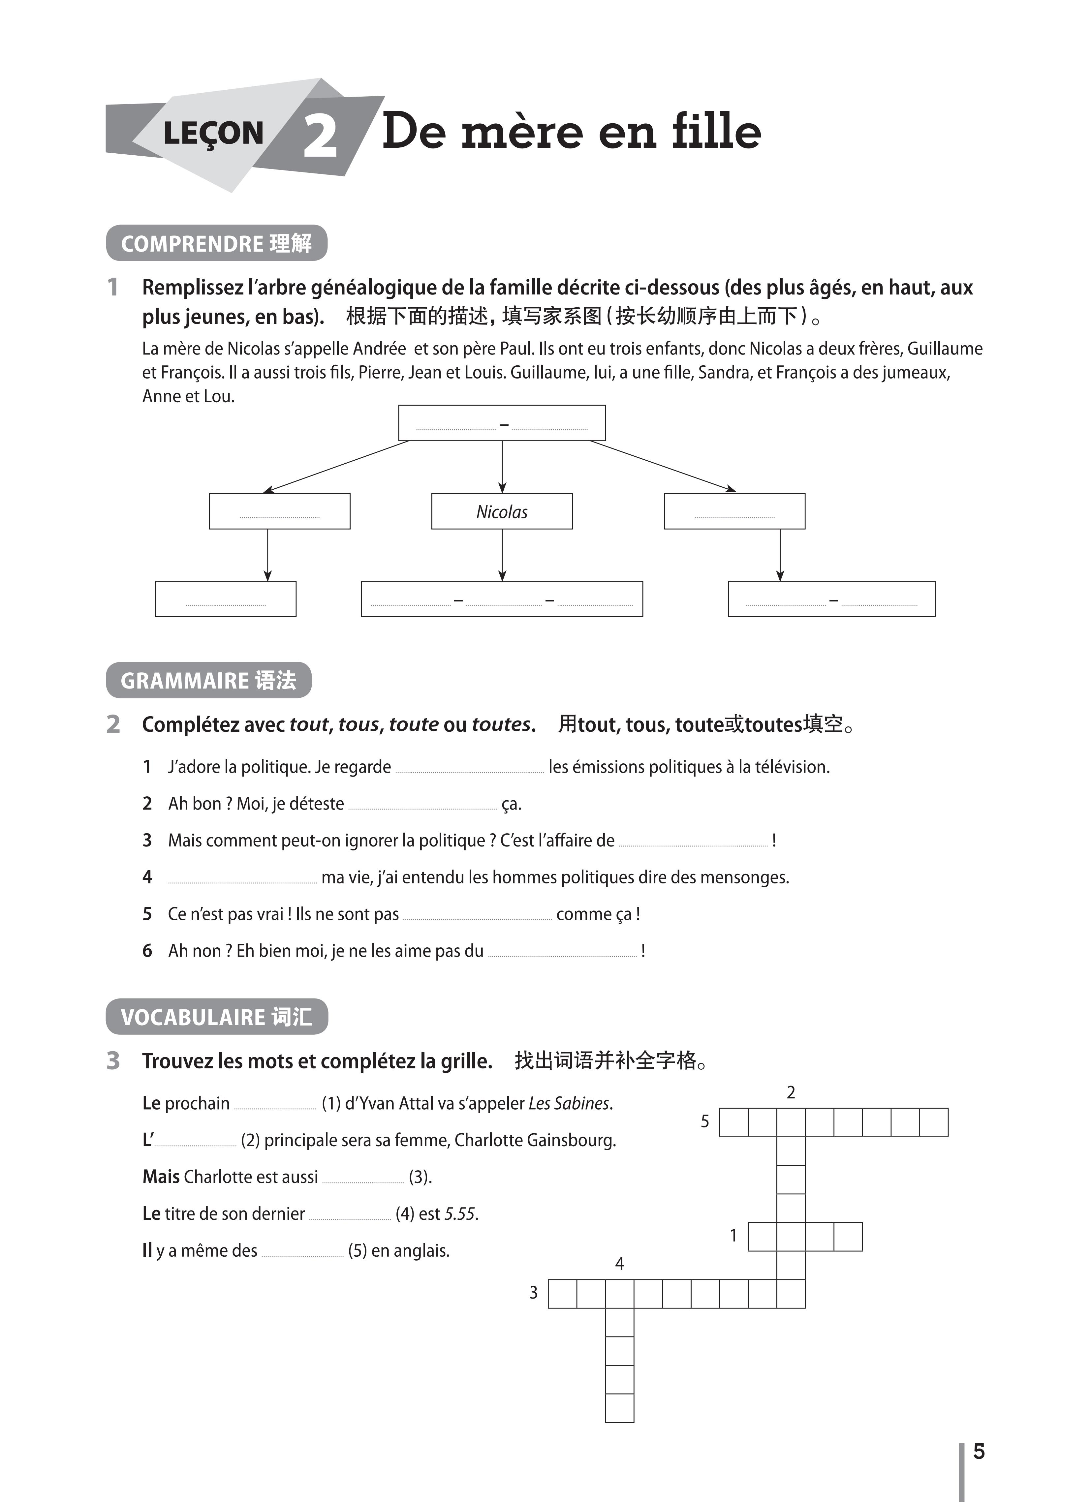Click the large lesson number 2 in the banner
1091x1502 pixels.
coord(321,137)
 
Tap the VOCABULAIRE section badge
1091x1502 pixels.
coord(217,1017)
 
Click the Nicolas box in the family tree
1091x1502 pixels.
coord(501,511)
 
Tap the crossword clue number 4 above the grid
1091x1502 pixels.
coord(619,1264)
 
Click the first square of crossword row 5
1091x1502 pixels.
coord(733,1122)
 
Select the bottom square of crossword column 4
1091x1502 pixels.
coord(619,1408)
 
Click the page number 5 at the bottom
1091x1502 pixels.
coord(979,1451)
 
